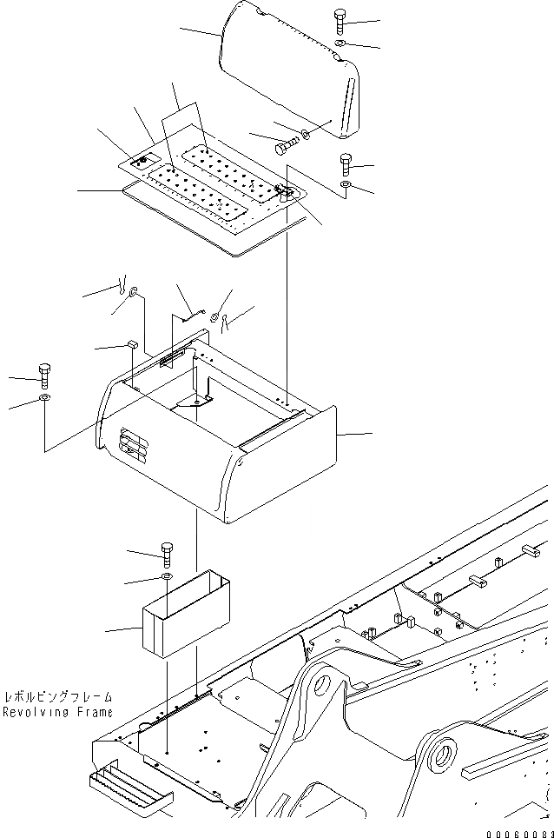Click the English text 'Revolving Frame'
click(57, 712)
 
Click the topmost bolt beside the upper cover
click(340, 20)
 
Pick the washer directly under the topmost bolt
click(340, 43)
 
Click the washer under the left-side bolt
click(43, 399)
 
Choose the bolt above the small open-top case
click(166, 551)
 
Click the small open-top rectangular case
click(185, 614)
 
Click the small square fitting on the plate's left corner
click(138, 159)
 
